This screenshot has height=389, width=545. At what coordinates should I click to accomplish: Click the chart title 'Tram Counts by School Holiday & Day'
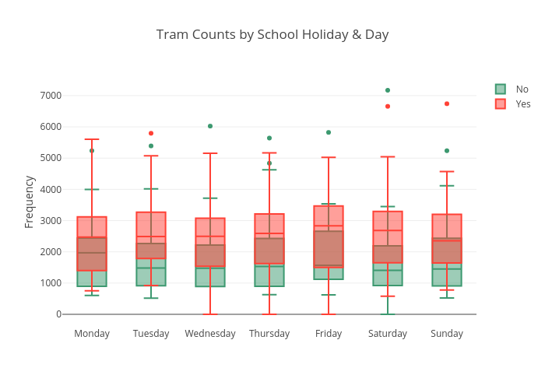pyautogui.click(x=272, y=35)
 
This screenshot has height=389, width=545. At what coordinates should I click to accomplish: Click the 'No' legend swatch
pyautogui.click(x=501, y=89)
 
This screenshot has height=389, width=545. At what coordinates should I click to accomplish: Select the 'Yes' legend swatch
pyautogui.click(x=501, y=103)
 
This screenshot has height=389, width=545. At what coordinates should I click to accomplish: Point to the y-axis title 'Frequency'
pyautogui.click(x=29, y=202)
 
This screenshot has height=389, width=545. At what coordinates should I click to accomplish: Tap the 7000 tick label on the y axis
pyautogui.click(x=51, y=96)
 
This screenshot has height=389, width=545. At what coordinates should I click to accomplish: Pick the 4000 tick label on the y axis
pyautogui.click(x=51, y=189)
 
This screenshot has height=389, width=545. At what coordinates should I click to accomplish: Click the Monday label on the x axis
pyautogui.click(x=92, y=334)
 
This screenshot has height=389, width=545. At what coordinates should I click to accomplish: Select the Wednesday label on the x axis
pyautogui.click(x=210, y=334)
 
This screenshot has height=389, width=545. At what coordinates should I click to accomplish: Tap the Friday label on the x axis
pyautogui.click(x=329, y=334)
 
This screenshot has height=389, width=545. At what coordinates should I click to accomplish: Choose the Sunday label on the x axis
pyautogui.click(x=447, y=334)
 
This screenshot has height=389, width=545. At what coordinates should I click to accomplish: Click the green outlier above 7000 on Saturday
pyautogui.click(x=388, y=90)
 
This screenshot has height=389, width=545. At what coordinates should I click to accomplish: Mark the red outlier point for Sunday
pyautogui.click(x=447, y=103)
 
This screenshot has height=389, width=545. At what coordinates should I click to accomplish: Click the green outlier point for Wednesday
pyautogui.click(x=210, y=126)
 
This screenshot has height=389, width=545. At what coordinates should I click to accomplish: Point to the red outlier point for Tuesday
pyautogui.click(x=151, y=133)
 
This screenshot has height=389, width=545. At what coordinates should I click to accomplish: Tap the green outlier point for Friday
pyautogui.click(x=329, y=132)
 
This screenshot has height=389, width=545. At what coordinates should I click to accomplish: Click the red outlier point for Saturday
pyautogui.click(x=388, y=106)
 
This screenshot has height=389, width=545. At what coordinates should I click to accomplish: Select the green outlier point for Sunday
pyautogui.click(x=447, y=151)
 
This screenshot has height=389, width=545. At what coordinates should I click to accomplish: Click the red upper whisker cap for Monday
pyautogui.click(x=92, y=139)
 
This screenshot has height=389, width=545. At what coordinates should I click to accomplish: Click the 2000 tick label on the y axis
pyautogui.click(x=51, y=252)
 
